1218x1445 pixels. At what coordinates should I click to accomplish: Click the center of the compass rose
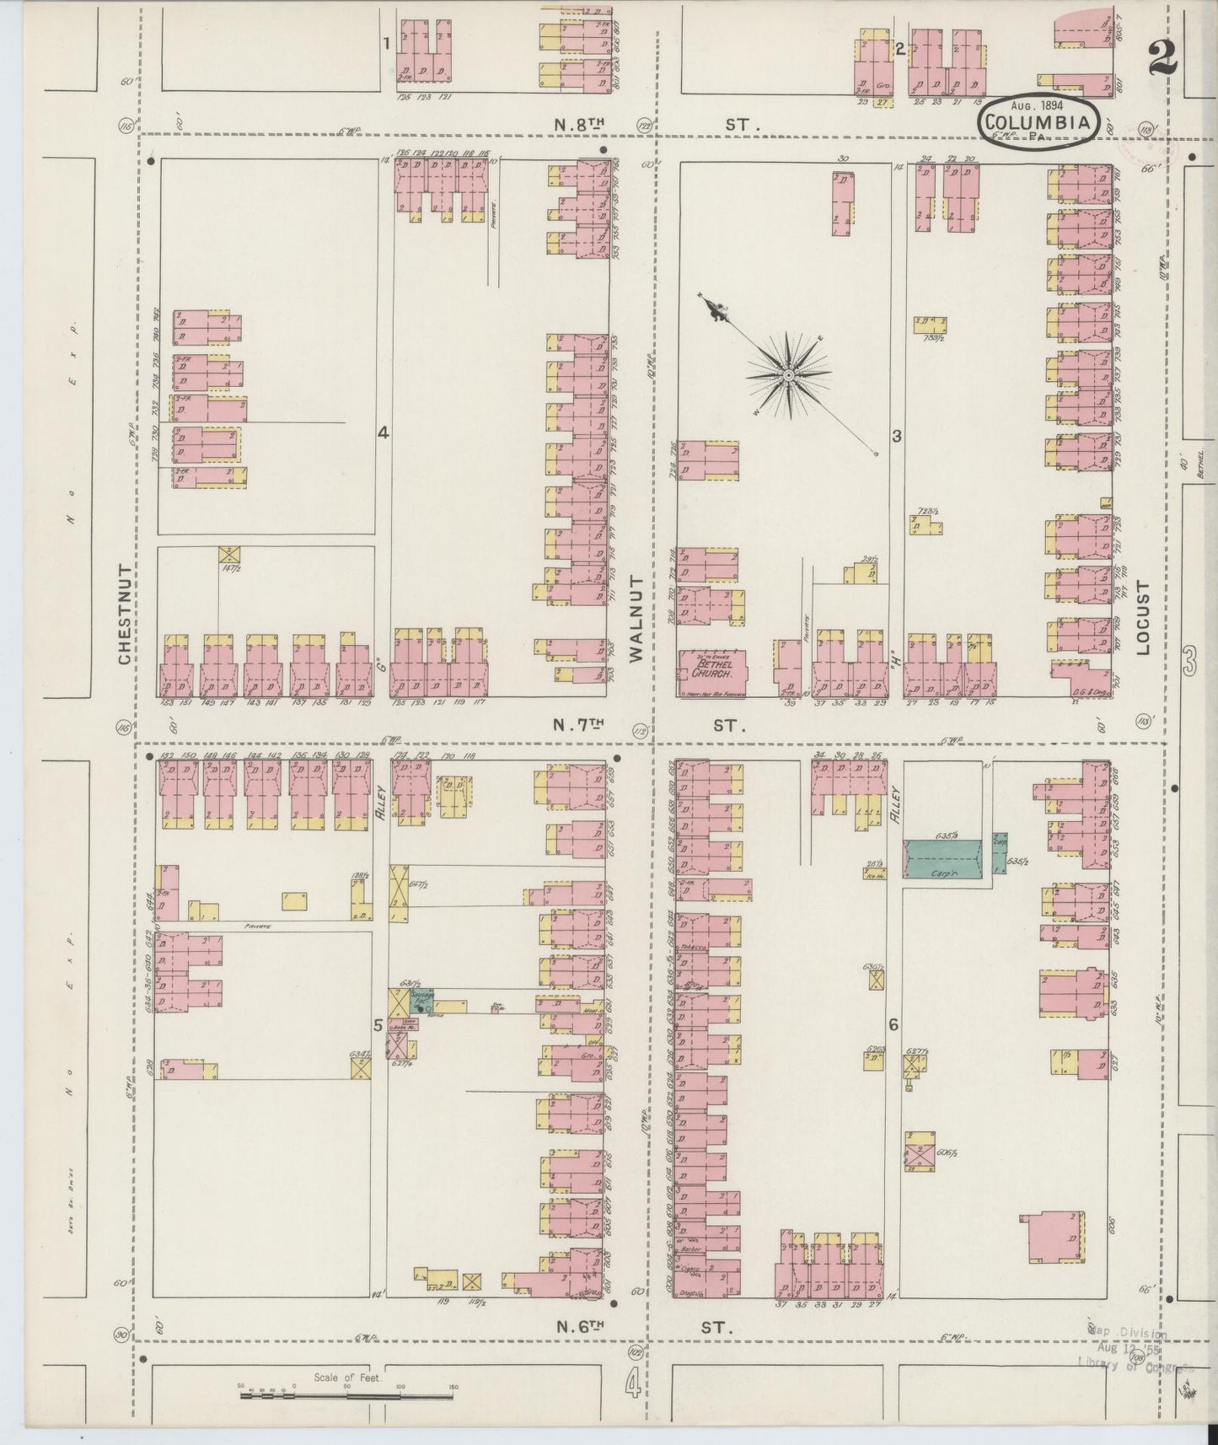787,373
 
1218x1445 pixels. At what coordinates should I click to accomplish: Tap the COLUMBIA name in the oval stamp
1039,122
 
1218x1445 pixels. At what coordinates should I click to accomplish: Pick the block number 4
383,432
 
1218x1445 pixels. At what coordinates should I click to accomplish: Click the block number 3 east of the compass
897,436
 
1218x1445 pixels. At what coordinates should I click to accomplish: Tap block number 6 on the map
893,1024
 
